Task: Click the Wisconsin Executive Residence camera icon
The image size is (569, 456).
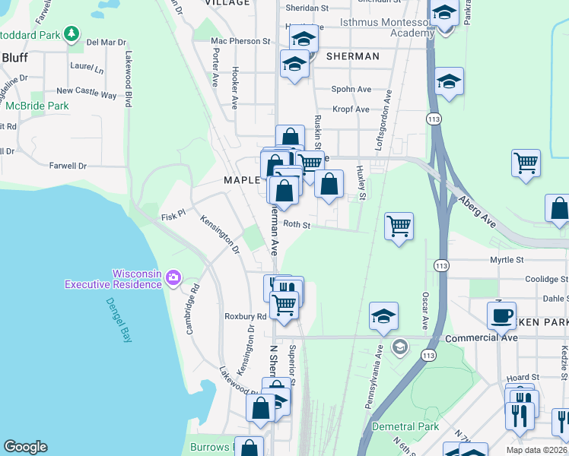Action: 173,278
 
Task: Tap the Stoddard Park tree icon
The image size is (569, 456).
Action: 72,33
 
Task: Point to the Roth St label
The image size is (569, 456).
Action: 297,225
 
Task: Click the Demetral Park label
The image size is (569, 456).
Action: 405,426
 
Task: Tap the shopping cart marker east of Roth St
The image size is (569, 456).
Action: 399,226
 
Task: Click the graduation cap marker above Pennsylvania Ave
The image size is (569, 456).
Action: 384,315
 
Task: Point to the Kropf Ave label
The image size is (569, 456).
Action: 351,109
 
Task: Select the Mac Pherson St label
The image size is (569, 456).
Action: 240,40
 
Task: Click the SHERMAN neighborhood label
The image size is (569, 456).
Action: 352,56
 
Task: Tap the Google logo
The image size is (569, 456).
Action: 26,446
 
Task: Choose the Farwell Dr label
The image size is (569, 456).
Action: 68,165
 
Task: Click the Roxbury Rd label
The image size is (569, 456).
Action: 245,316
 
